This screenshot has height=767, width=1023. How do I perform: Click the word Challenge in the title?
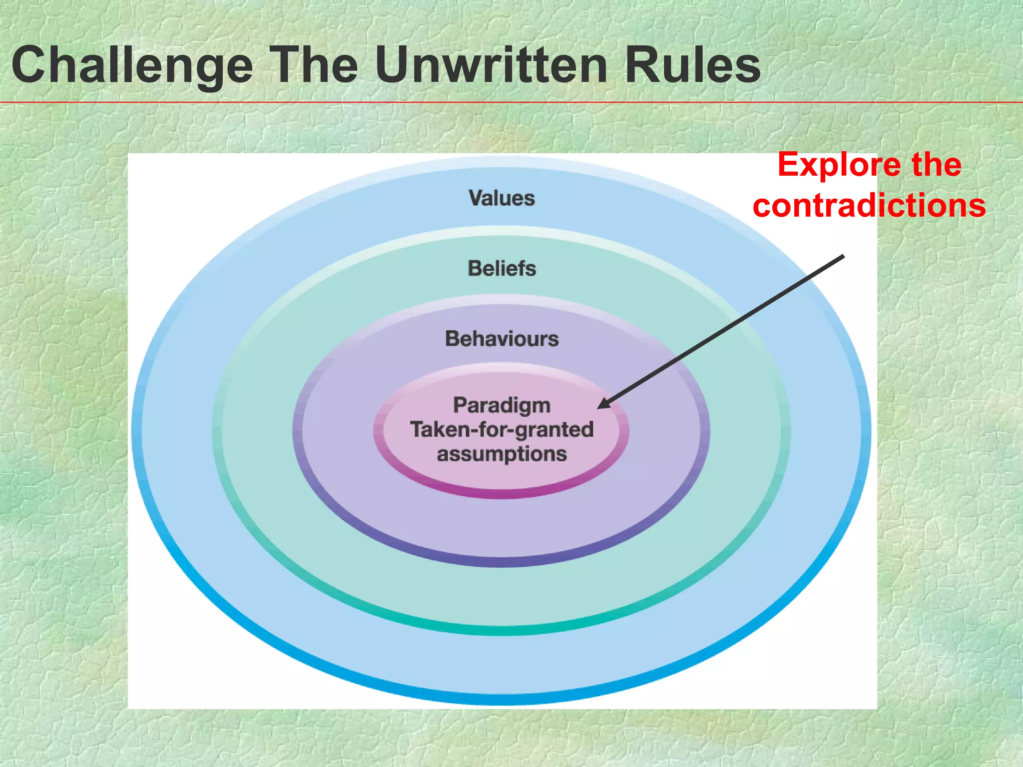pos(132,66)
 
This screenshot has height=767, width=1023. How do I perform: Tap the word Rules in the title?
pos(692,65)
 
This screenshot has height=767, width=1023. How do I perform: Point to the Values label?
pos(502,198)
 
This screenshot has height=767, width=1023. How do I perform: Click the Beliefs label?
pos(502,269)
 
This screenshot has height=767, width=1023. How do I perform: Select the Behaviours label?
pos(502,339)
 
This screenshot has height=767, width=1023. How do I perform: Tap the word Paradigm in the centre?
pos(502,405)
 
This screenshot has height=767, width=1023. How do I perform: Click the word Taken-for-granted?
pos(502,429)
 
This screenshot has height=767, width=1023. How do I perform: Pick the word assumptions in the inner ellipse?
pos(502,454)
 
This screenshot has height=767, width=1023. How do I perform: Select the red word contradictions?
pos(869,205)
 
